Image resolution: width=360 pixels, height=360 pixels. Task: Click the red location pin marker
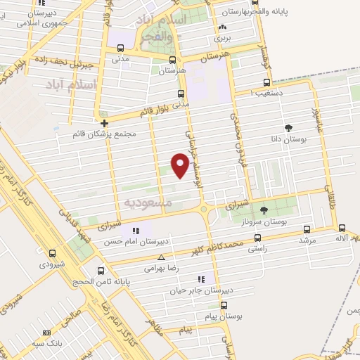[181, 165]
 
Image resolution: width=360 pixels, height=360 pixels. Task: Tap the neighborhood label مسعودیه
[148, 202]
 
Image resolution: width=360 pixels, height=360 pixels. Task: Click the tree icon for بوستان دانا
[289, 128]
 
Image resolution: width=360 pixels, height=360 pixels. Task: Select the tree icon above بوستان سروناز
[264, 210]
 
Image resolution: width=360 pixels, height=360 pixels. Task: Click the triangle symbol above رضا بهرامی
[162, 257]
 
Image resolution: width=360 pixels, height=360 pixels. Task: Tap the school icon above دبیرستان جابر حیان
[202, 279]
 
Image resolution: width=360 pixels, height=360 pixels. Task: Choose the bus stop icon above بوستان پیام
[224, 306]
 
